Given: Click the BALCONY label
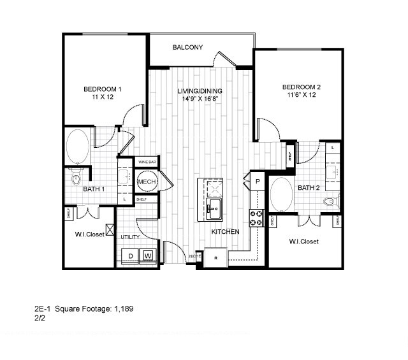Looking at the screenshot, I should [x=187, y=47].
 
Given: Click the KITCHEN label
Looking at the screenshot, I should [x=225, y=232].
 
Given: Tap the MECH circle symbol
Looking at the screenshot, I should [x=147, y=183].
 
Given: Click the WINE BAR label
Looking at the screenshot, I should [x=147, y=162].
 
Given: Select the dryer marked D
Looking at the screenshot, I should [x=131, y=256].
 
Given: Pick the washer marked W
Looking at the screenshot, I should [x=148, y=256].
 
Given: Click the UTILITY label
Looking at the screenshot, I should [x=130, y=237].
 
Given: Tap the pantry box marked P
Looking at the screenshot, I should [x=258, y=182].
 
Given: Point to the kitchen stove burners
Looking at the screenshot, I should [x=256, y=219].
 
